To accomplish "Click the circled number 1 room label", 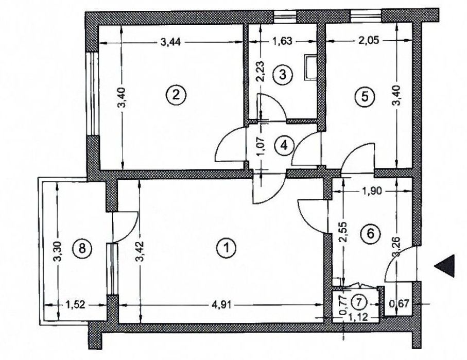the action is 228,248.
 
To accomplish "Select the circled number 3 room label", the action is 283,74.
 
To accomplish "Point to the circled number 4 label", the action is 284,145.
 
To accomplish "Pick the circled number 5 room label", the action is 365,96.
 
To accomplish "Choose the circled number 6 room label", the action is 371,233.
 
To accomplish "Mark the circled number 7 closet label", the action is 359,303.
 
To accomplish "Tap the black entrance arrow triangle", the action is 444,266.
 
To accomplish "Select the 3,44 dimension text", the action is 170,42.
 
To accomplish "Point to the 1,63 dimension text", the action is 282,41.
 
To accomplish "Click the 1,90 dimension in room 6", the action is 372,191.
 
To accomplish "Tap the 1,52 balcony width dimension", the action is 75,305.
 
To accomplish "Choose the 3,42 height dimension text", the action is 140,251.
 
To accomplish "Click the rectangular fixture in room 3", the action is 310,67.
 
